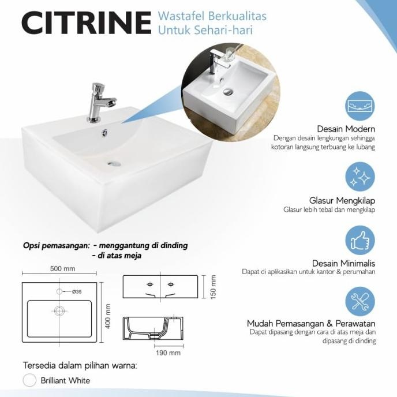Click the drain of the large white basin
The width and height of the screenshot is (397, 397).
(x=114, y=164)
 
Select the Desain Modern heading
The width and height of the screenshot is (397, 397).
(x=346, y=129)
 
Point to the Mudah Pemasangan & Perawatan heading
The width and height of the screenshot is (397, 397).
(x=311, y=323)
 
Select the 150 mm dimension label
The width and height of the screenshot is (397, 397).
(x=213, y=287)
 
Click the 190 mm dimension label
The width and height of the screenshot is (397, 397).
(x=168, y=352)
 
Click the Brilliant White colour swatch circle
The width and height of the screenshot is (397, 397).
(x=29, y=380)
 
